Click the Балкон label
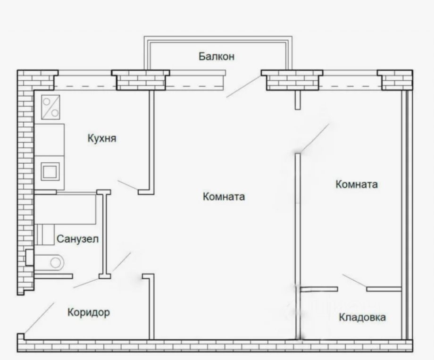[x=217, y=57]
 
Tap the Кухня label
[x=102, y=138]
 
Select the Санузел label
[x=77, y=239]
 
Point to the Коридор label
[x=89, y=312]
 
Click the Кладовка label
[x=362, y=317]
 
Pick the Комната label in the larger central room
[x=224, y=197]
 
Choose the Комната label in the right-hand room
[x=357, y=184]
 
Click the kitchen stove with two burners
[x=50, y=107]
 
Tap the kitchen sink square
[x=50, y=171]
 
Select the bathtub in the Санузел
[x=65, y=209]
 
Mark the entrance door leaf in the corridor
[x=39, y=318]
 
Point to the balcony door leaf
[x=243, y=86]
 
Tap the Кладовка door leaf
[x=355, y=281]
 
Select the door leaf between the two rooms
[x=315, y=138]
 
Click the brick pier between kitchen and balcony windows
[x=141, y=80]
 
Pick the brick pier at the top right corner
[x=395, y=80]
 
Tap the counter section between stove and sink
[x=49, y=140]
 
